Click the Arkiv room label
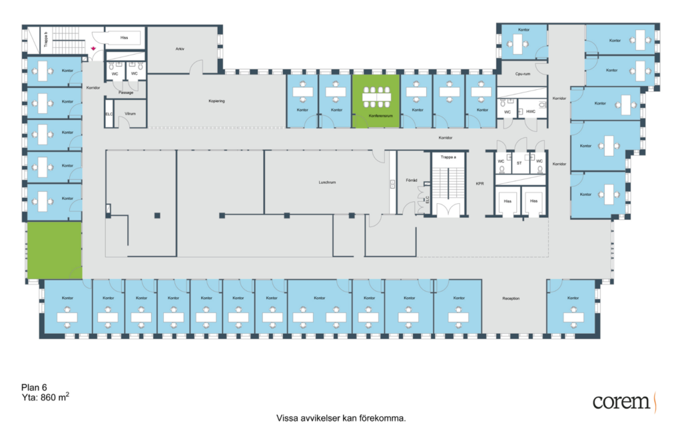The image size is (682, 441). pos(179,49)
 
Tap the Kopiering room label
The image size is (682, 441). pos(217,101)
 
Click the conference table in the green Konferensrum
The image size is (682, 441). pos(376,96)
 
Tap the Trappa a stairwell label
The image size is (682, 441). pos(448,157)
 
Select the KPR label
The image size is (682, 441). pos(480,183)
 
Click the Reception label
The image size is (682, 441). pos(511,298)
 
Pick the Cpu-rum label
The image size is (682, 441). pos(523,74)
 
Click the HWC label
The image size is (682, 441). pos(530,111)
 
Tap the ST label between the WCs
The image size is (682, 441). pos(519,161)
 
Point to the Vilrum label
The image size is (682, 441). pos(130,114)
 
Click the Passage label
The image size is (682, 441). pos(126,93)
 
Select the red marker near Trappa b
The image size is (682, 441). pos(94,49)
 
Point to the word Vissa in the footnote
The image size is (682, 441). pos(287,419)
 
